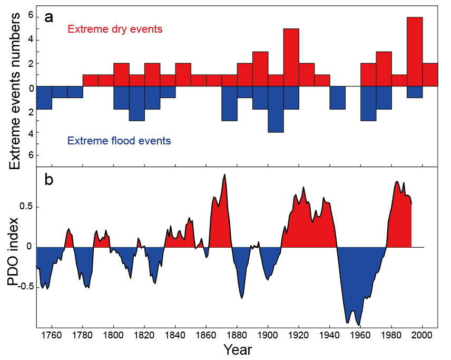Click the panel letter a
point(50,17)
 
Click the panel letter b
point(50,180)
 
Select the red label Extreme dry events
point(115,30)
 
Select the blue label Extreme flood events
point(119,141)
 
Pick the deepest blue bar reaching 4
point(276,109)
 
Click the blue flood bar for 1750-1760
point(44,98)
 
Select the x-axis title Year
point(237,350)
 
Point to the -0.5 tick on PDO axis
point(23,286)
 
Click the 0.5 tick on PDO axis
point(25,206)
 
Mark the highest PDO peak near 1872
point(225,174)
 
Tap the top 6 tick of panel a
point(31,16)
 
